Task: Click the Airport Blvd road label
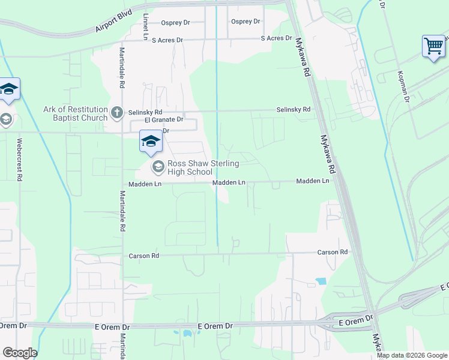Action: pos(113,24)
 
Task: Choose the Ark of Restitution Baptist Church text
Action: pos(75,113)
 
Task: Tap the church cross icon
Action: pos(118,111)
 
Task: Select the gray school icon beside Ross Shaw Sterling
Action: pos(158,166)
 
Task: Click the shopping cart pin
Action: pos(433,46)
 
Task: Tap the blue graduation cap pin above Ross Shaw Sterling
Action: pos(151,142)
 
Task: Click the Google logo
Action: pos(20,353)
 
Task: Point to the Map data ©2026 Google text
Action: pos(412,355)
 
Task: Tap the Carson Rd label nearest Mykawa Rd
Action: pos(333,253)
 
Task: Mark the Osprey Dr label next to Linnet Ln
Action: pos(175,23)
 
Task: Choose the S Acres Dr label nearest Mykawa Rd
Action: pos(276,38)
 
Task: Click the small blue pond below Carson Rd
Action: pos(321,280)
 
